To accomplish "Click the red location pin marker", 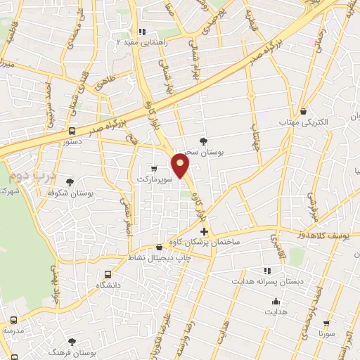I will [x=181, y=165].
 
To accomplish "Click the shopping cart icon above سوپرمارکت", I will [x=154, y=169].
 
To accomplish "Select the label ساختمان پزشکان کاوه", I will [x=204, y=242].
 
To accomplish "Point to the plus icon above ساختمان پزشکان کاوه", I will [x=204, y=231].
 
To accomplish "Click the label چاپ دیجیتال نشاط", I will [x=157, y=257].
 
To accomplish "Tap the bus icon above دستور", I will [x=72, y=131].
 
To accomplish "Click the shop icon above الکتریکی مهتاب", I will [x=303, y=111].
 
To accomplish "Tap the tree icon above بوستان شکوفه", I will [x=70, y=182].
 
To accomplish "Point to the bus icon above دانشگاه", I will [x=108, y=275].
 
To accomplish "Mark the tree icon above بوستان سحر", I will [x=204, y=141].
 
